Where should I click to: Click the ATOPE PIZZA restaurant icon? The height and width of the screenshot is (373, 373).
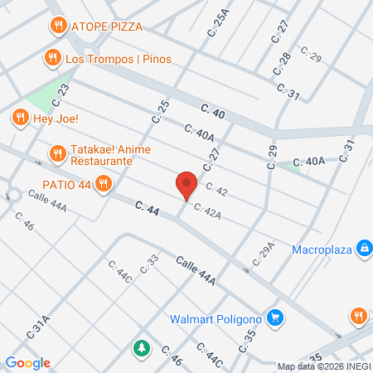tap(57, 26)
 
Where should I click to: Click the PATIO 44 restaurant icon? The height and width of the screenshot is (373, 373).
tap(104, 183)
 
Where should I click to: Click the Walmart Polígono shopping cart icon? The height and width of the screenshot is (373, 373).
tap(276, 318)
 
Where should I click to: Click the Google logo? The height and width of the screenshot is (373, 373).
tap(28, 362)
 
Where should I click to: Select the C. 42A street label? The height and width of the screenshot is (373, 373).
tap(207, 212)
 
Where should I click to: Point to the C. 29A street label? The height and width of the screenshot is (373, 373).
tap(263, 252)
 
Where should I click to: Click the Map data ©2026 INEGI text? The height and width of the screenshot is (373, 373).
tap(323, 366)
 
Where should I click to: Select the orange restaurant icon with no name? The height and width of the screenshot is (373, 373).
tap(358, 316)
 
